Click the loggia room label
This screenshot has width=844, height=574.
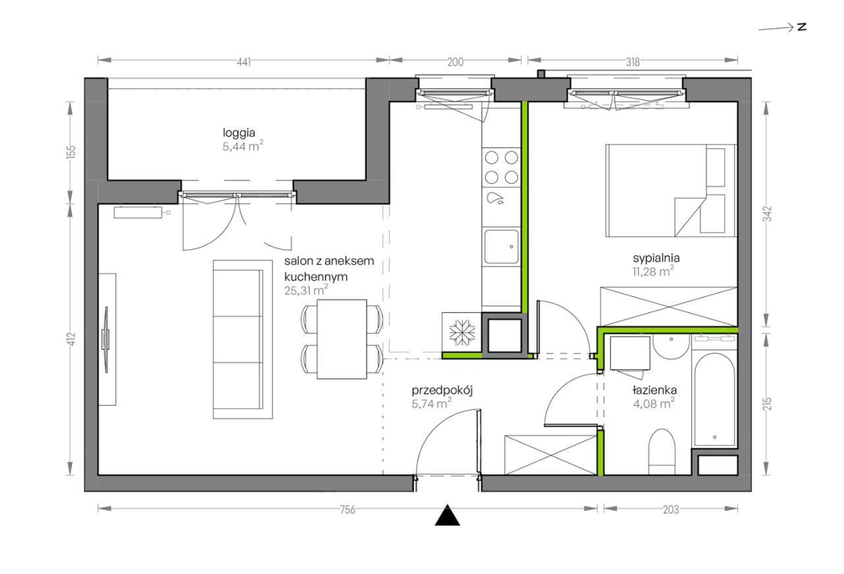[239, 133]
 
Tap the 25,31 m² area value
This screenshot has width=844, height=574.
[307, 290]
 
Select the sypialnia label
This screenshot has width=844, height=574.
[656, 259]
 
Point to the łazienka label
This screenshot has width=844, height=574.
[655, 390]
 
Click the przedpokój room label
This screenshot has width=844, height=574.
[442, 391]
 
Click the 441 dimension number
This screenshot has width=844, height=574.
[244, 62]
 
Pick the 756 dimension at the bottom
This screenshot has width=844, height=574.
[347, 509]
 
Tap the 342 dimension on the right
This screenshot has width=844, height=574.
[768, 214]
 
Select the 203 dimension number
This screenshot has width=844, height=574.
[671, 509]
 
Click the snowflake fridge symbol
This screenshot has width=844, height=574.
[462, 332]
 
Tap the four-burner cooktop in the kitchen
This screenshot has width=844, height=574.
[501, 167]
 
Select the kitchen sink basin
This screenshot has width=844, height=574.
[501, 246]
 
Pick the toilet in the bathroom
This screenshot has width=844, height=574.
[661, 451]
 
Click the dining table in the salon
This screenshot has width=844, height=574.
[342, 339]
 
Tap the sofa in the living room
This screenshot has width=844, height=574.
[243, 339]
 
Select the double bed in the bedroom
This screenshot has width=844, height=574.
[671, 190]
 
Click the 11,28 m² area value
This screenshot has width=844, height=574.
[653, 271]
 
